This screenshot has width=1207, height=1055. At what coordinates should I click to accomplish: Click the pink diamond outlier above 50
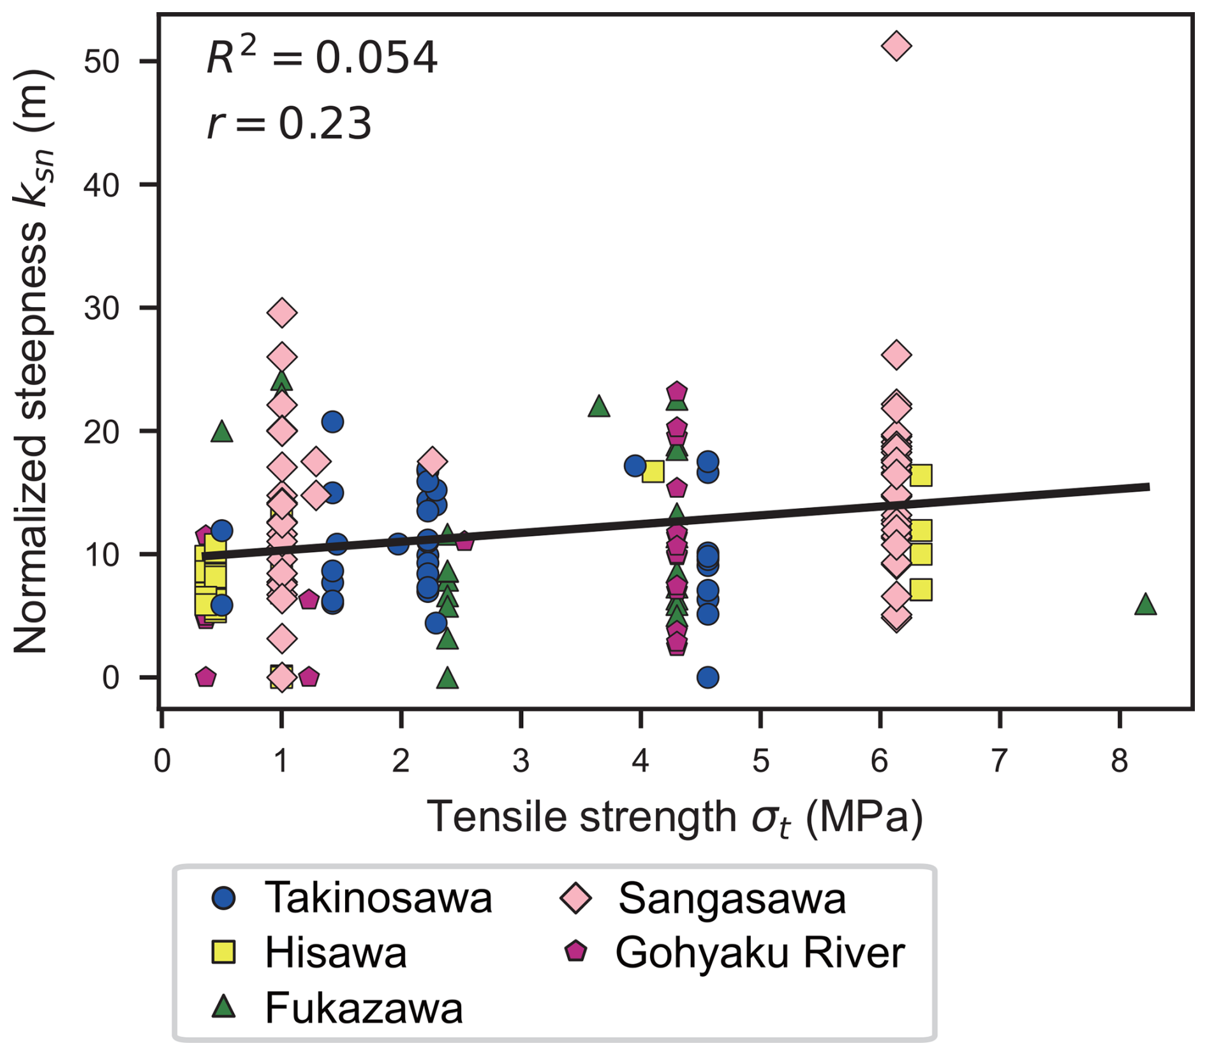pyautogui.click(x=896, y=46)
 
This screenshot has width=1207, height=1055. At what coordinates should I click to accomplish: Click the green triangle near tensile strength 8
pyautogui.click(x=1145, y=604)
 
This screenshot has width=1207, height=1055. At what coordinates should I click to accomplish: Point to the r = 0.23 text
pyautogui.click(x=289, y=123)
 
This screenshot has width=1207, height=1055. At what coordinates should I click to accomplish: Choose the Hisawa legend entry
pyautogui.click(x=336, y=953)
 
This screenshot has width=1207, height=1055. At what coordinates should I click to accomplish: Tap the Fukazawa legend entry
pyautogui.click(x=364, y=1008)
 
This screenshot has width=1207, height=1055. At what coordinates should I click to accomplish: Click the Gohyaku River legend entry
pyautogui.click(x=759, y=953)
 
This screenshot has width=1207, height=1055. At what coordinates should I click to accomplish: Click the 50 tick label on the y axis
pyautogui.click(x=102, y=62)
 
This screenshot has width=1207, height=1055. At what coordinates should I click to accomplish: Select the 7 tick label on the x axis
pyautogui.click(x=1000, y=761)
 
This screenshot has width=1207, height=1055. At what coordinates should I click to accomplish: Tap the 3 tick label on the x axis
pyautogui.click(x=521, y=761)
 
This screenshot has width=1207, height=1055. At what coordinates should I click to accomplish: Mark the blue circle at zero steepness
pyautogui.click(x=707, y=677)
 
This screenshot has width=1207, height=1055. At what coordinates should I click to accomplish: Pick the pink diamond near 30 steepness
pyautogui.click(x=282, y=313)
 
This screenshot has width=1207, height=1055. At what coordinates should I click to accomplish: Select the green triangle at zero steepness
pyautogui.click(x=447, y=678)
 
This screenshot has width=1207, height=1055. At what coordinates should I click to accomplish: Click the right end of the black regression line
pyautogui.click(x=1148, y=487)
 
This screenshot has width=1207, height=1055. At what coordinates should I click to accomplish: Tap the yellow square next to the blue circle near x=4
pyautogui.click(x=653, y=472)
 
